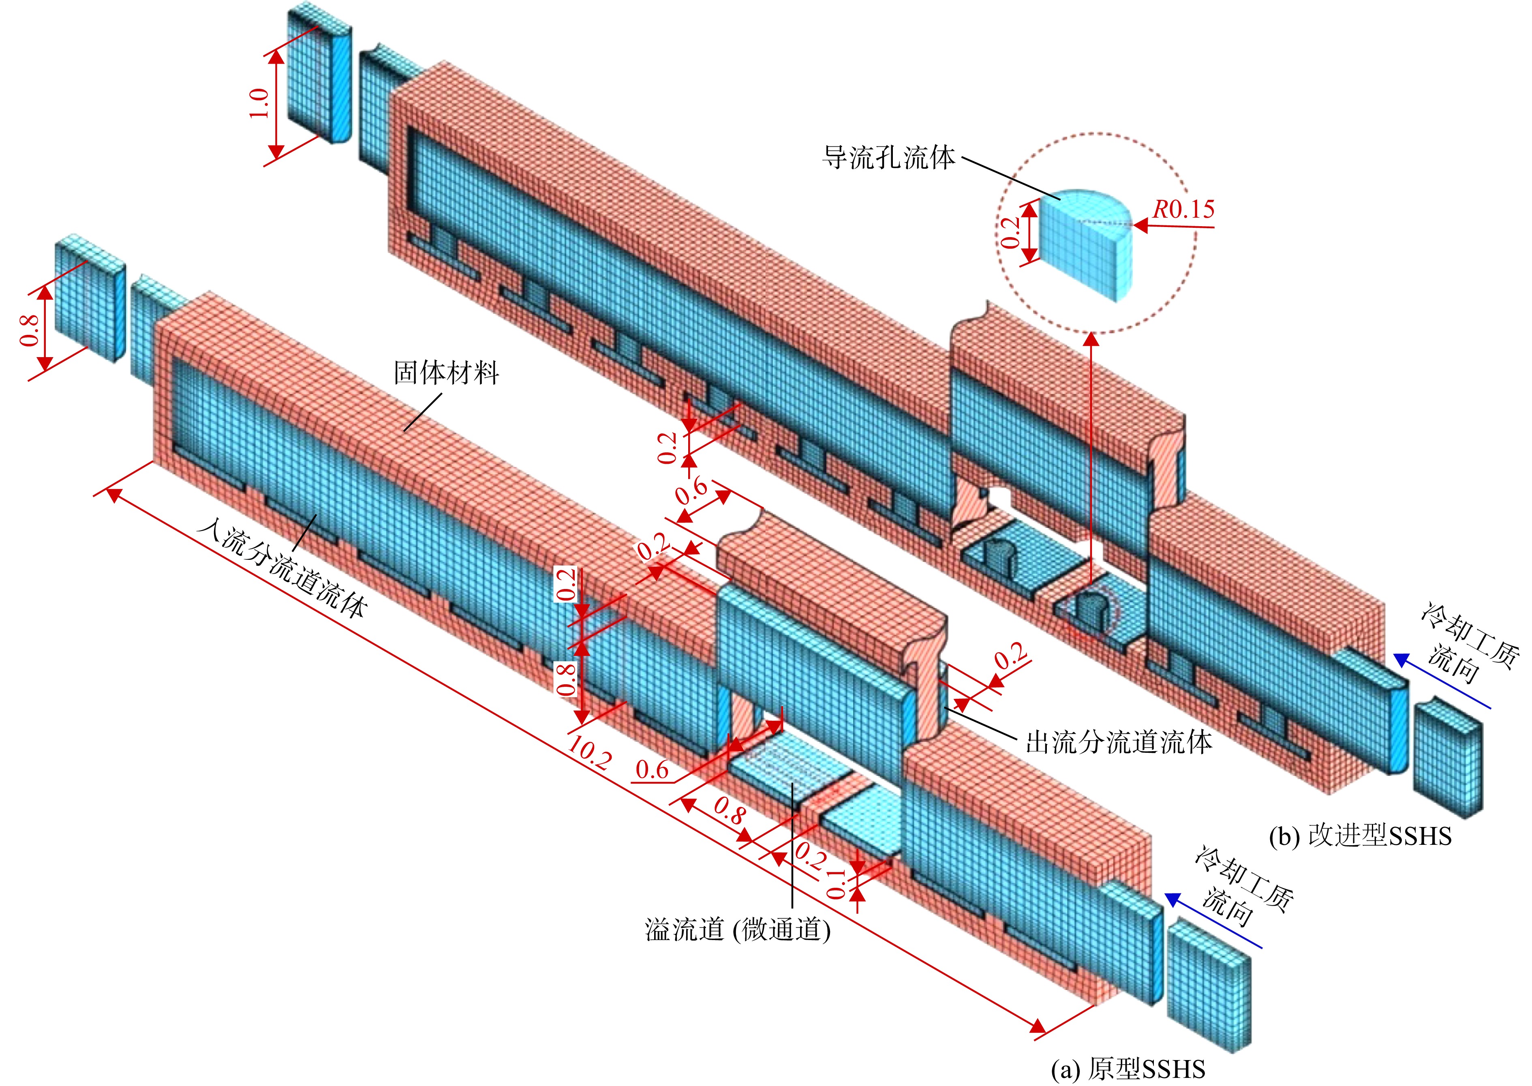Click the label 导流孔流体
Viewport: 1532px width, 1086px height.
coord(888,158)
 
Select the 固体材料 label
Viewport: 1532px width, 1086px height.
coord(447,373)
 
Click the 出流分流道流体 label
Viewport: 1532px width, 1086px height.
coord(1119,742)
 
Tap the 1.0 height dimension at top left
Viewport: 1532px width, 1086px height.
coord(259,104)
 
